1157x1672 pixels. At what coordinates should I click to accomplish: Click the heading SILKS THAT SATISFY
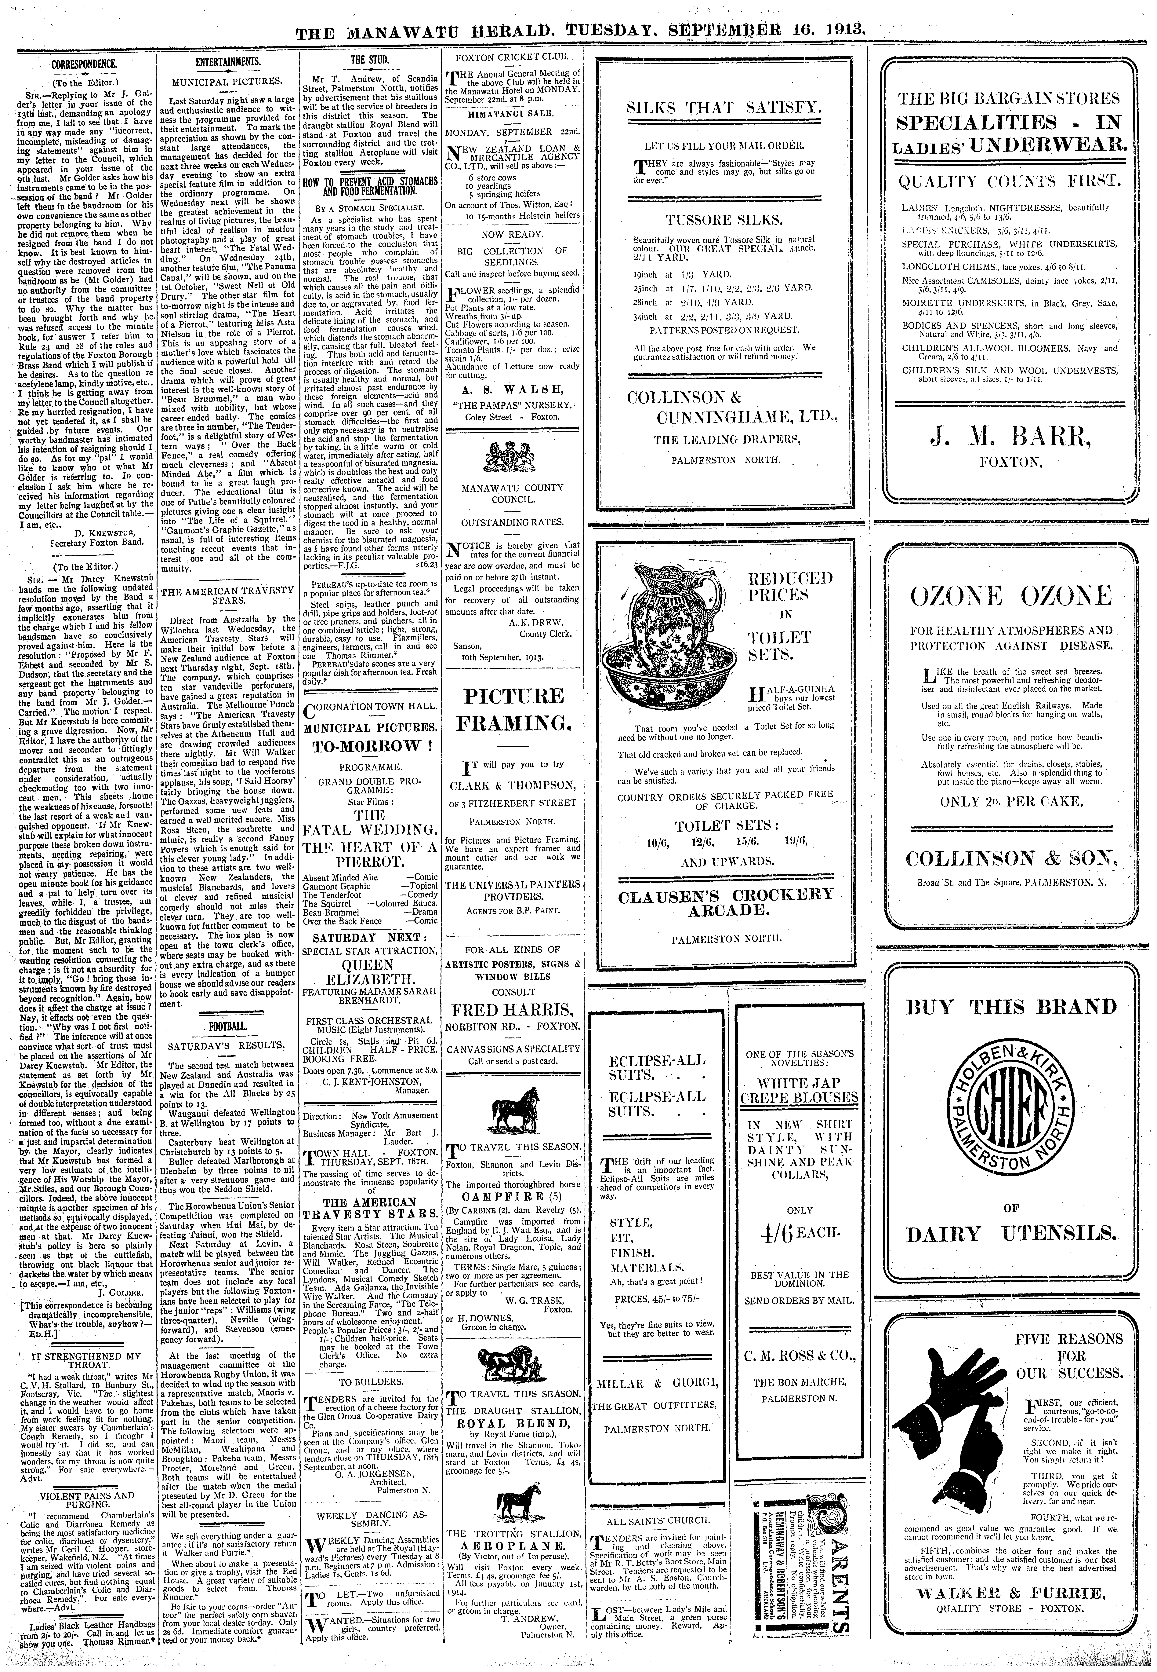tap(722, 109)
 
